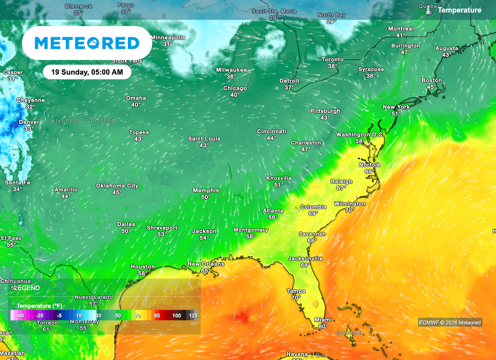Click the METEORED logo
(87, 43)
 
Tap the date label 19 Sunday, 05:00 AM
(87, 72)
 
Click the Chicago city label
(235, 88)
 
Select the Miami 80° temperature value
(324, 326)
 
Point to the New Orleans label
(206, 264)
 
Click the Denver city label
(29, 122)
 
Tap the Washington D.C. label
(360, 134)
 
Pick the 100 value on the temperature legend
(177, 315)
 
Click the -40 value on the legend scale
(20, 315)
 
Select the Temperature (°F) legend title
(40, 306)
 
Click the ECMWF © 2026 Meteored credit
(450, 322)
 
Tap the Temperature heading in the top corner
(460, 10)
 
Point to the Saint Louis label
(204, 139)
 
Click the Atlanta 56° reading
(273, 217)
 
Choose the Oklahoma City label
(117, 186)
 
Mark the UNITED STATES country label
(82, 121)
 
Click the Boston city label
(432, 80)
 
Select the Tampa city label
(296, 291)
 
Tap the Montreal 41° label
(401, 35)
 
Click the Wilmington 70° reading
(350, 210)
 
